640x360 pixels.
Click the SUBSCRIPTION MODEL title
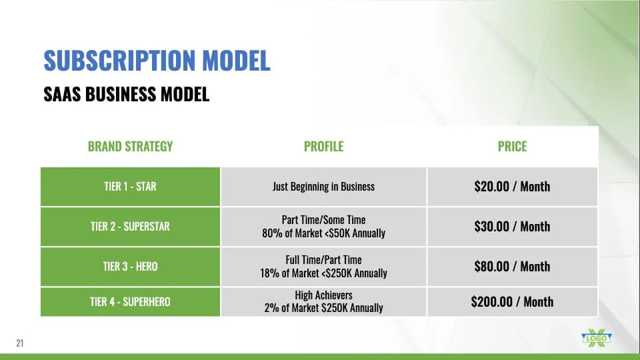click(x=157, y=60)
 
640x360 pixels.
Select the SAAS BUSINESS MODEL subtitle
click(x=126, y=94)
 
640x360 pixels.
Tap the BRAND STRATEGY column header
click(x=130, y=146)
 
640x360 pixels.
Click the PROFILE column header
click(x=324, y=146)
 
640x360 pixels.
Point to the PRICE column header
click(x=512, y=146)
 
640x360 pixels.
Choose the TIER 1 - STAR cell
click(x=130, y=187)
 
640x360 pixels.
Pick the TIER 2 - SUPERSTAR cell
click(x=130, y=227)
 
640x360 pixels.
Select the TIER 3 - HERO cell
click(x=130, y=267)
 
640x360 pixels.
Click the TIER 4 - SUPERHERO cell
click(x=130, y=301)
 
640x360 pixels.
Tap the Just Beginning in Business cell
click(x=324, y=187)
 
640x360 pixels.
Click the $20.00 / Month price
click(x=512, y=187)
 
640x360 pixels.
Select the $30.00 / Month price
click(x=512, y=227)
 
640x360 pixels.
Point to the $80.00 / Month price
click(x=512, y=267)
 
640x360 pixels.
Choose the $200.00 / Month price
click(x=512, y=301)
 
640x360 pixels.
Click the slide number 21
click(x=19, y=343)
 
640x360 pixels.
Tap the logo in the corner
click(x=596, y=338)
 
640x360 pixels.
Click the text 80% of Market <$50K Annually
click(x=324, y=233)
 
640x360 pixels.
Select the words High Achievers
click(x=324, y=295)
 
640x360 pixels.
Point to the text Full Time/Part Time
click(x=324, y=259)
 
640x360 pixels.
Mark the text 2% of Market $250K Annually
click(x=324, y=308)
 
